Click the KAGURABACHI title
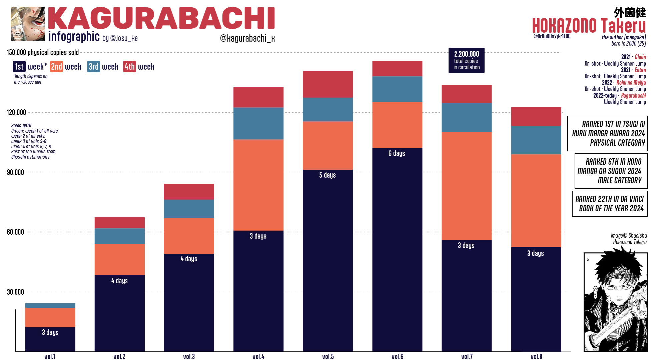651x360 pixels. [161, 19]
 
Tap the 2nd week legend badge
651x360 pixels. [56, 67]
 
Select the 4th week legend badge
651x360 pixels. [129, 67]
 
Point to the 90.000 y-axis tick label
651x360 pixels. [15, 172]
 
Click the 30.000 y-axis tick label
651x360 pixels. [15, 292]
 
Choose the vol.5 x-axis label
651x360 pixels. [328, 356]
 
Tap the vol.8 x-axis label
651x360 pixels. [536, 356]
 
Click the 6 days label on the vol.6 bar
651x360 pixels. [397, 153]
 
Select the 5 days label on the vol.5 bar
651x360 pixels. [327, 175]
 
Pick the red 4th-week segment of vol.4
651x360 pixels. [258, 97]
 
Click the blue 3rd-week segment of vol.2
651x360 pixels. [119, 236]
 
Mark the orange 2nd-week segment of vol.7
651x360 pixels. [467, 186]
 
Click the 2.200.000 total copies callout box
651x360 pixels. [466, 60]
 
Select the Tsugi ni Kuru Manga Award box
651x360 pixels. [607, 133]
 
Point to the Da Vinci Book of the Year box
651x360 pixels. [609, 204]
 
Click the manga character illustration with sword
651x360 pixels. [615, 302]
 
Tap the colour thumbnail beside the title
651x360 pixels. [28, 24]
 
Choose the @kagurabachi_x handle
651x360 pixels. [247, 38]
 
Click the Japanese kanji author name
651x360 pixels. [630, 12]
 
